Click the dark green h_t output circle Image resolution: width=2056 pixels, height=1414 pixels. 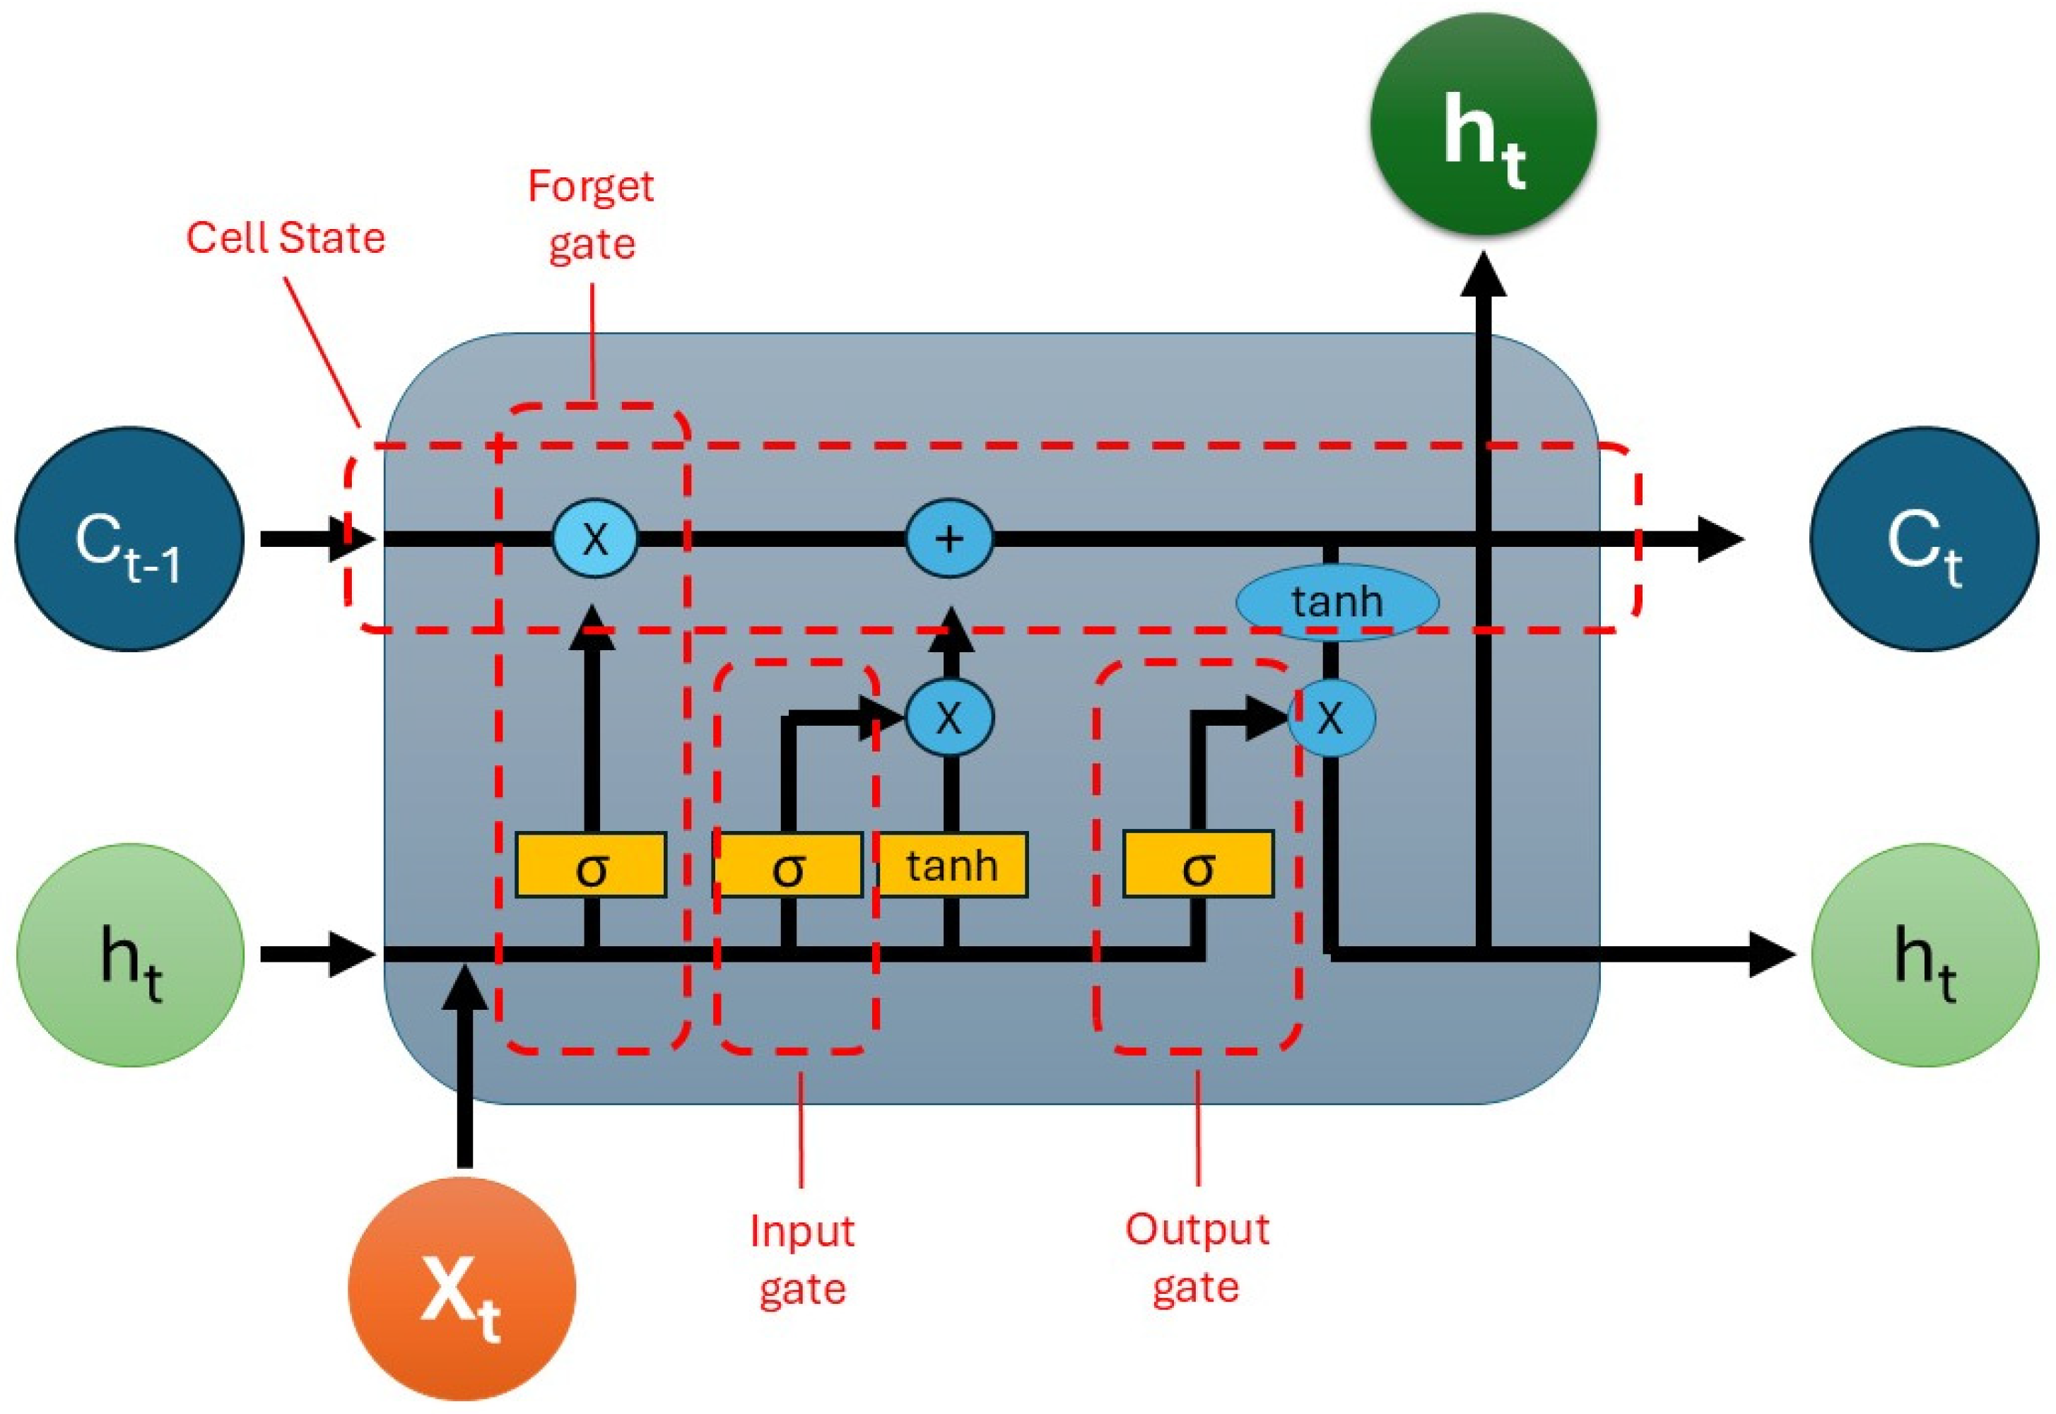[x=1483, y=124]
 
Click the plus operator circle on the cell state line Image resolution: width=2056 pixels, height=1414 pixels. [x=949, y=538]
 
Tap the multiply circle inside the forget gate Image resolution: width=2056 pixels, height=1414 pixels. [x=594, y=538]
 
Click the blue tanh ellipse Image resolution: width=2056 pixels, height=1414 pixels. [x=1337, y=601]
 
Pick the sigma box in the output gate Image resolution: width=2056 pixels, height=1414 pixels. [x=1198, y=865]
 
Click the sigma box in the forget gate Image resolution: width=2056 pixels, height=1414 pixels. [x=591, y=866]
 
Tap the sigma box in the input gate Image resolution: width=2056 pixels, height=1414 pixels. [x=788, y=866]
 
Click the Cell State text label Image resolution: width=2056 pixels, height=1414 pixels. [x=286, y=237]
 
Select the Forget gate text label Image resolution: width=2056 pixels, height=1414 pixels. [x=591, y=214]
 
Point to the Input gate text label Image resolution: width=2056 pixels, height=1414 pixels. [x=802, y=1259]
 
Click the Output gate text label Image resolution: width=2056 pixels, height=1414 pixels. [x=1197, y=1257]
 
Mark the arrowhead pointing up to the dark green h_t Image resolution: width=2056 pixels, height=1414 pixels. [x=1483, y=275]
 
